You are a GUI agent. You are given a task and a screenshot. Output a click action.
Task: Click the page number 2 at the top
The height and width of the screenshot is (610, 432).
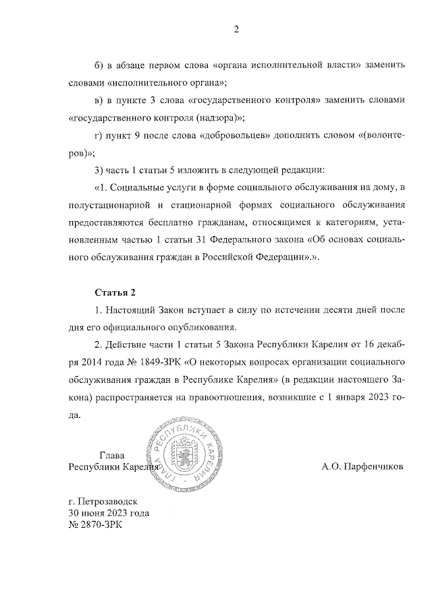tap(236, 29)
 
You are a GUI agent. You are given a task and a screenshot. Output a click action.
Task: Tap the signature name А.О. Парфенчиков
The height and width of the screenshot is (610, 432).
tap(362, 466)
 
